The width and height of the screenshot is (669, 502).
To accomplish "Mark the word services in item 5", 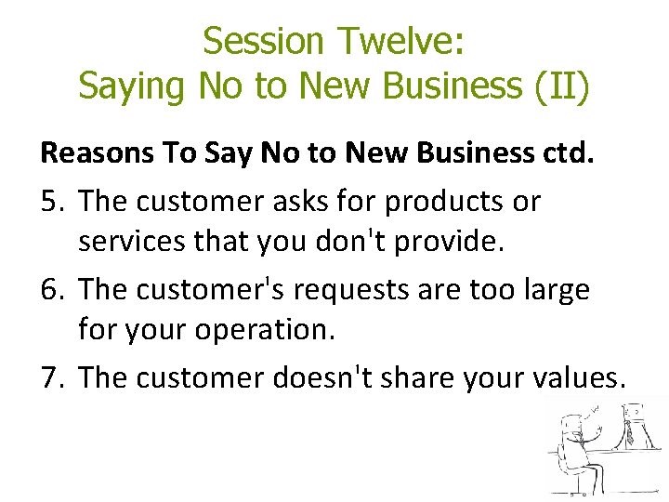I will coord(132,244).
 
